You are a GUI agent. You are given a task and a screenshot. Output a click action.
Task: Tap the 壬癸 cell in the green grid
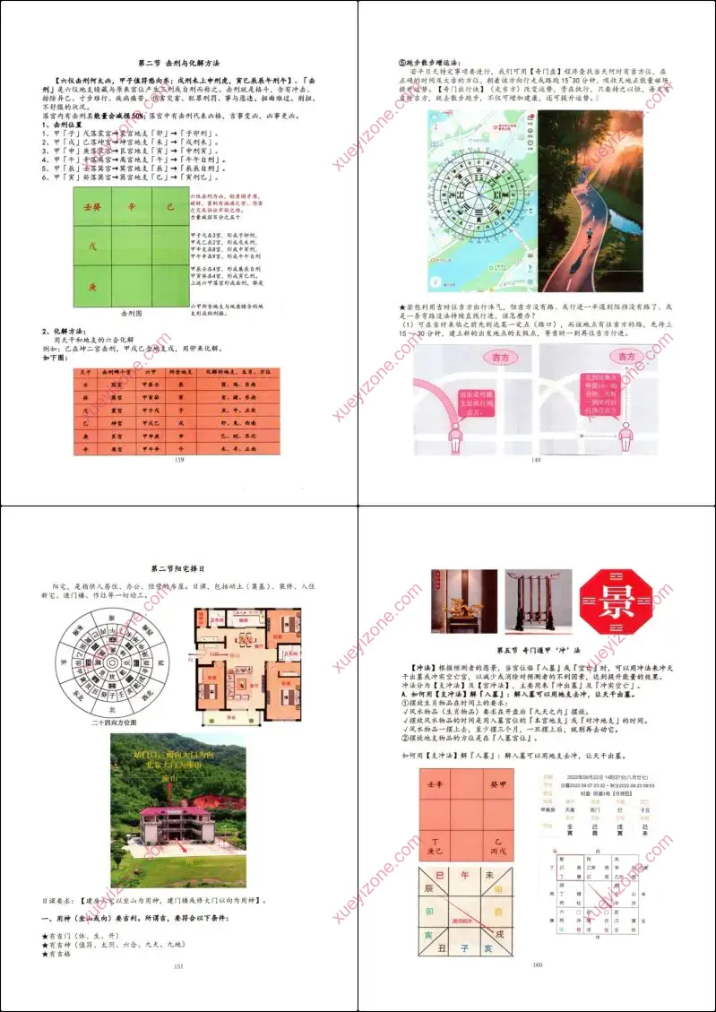click(94, 207)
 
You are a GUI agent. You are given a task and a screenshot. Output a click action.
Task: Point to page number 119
click(179, 459)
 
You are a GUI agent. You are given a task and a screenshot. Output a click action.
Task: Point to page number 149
click(536, 460)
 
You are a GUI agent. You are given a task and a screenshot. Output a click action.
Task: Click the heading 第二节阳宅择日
click(178, 568)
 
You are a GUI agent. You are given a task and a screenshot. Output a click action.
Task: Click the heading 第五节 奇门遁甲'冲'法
click(537, 649)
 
